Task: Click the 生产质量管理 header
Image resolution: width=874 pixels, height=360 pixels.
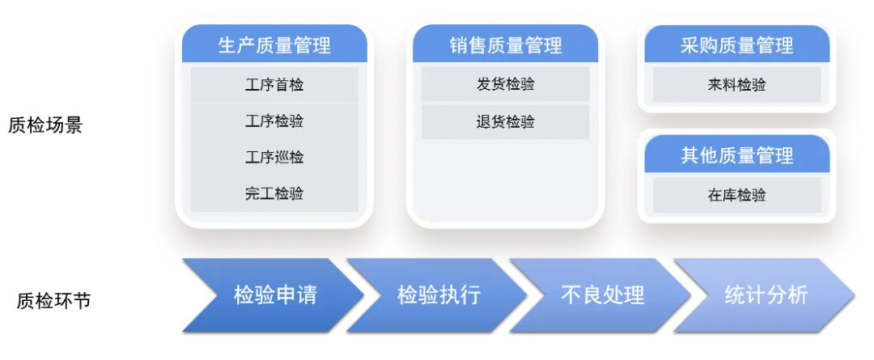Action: (274, 45)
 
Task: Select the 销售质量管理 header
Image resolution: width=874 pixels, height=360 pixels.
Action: (506, 45)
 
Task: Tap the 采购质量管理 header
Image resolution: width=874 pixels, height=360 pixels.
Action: (736, 45)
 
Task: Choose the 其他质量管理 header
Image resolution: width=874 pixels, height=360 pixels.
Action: (736, 155)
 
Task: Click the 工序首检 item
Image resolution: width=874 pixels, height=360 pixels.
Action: (274, 85)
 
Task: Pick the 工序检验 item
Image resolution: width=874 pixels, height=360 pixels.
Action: (274, 121)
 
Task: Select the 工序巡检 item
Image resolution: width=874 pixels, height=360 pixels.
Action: (274, 157)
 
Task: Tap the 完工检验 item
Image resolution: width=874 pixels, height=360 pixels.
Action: (274, 194)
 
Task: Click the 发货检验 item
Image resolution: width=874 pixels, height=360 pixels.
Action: (506, 85)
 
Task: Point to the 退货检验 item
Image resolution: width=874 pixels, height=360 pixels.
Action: (506, 122)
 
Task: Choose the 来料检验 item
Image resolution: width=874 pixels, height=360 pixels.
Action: (736, 85)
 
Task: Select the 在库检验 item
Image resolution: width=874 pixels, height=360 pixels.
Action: (736, 195)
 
